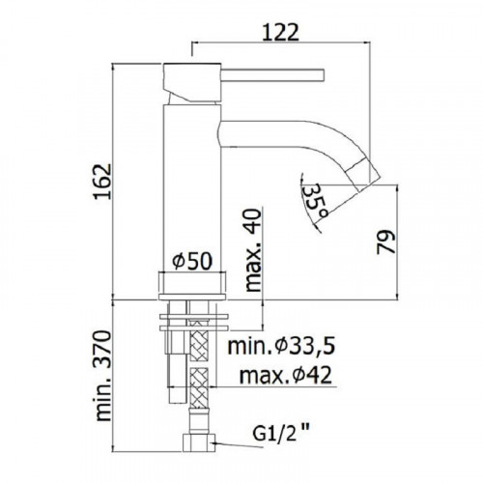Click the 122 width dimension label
(x=281, y=33)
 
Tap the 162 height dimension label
(x=103, y=182)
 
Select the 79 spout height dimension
(x=385, y=241)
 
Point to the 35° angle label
(x=316, y=201)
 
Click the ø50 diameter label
(x=192, y=261)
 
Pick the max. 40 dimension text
(x=253, y=250)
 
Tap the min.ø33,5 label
(x=281, y=346)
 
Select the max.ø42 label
(x=286, y=375)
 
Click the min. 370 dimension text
(x=103, y=376)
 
